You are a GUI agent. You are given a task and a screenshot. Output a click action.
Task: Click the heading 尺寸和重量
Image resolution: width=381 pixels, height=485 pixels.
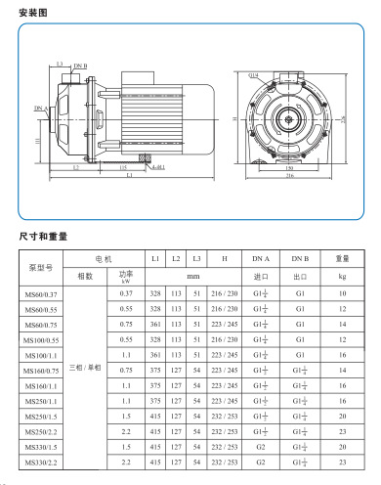tap(44, 236)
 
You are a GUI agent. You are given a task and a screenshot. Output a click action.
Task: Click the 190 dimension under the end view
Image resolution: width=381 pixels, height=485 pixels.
tap(289, 167)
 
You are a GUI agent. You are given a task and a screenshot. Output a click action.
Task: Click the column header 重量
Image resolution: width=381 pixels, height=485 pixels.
tap(342, 258)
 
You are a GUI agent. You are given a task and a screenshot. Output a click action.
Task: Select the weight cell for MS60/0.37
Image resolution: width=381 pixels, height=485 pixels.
tap(342, 293)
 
